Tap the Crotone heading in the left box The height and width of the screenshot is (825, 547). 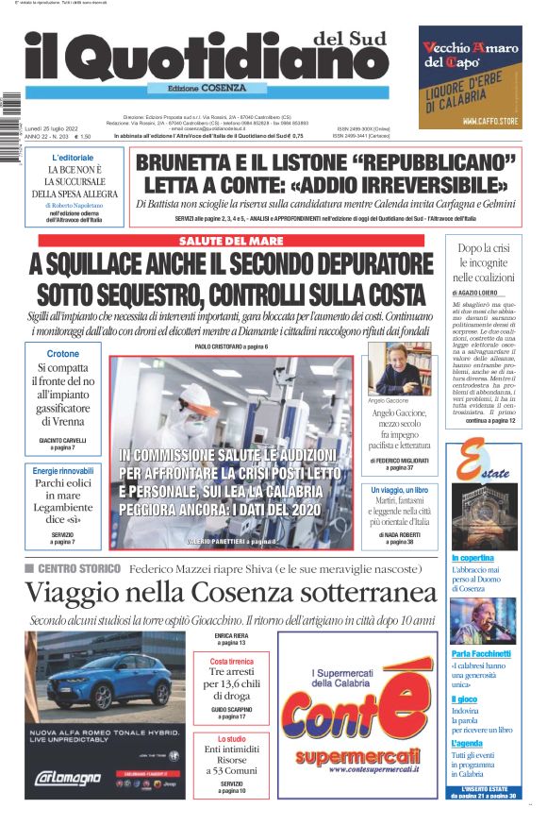pos(63,354)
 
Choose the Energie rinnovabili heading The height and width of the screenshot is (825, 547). pos(63,471)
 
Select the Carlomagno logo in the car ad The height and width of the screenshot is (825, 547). pos(67,778)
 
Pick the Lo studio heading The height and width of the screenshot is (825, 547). pos(231,739)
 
